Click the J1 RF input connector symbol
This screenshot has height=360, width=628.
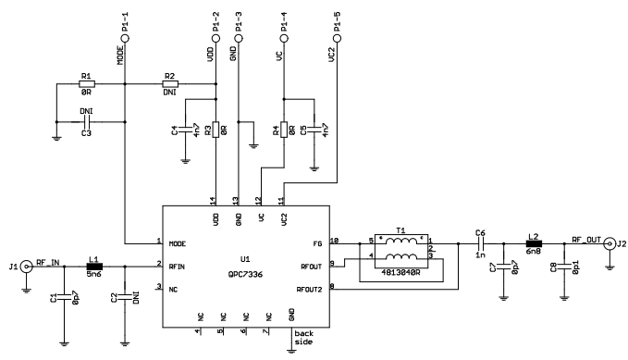coord(28,266)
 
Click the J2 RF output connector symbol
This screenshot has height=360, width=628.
coord(610,243)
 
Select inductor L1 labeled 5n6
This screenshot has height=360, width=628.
coord(94,266)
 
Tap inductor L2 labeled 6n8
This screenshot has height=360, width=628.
coord(534,243)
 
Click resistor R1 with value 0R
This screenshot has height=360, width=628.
coord(86,84)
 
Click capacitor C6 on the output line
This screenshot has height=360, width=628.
coord(480,243)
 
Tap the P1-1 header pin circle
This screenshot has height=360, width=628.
coord(125,39)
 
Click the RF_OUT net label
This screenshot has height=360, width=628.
coord(587,238)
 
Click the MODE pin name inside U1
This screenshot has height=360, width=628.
coord(179,243)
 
